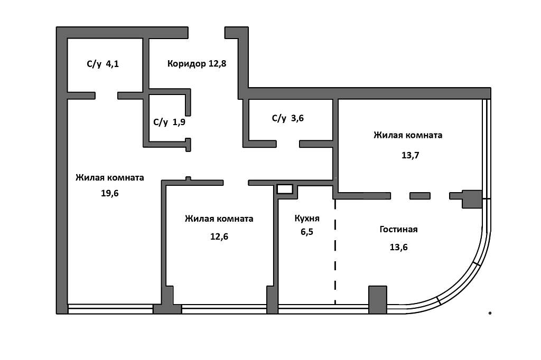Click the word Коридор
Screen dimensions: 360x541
coord(186,64)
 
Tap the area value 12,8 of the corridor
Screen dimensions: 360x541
coord(221,64)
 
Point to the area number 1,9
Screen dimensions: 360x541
coord(179,122)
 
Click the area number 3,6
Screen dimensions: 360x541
coord(297,118)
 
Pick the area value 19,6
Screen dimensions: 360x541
coord(109,193)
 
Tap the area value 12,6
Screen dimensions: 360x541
coord(219,236)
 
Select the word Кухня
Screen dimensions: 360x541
coord(307,217)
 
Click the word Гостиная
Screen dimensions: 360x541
coord(398,229)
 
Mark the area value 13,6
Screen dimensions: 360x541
coord(398,246)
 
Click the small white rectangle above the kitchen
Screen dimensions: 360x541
coord(285,188)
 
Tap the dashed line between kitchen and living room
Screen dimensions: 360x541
coord(335,253)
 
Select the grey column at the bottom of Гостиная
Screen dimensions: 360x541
coord(377,299)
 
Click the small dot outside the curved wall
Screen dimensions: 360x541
coord(490,313)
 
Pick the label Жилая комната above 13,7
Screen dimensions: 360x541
coord(407,135)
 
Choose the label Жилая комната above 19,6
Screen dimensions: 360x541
coord(109,177)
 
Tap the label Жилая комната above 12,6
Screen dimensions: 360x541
coord(219,219)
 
